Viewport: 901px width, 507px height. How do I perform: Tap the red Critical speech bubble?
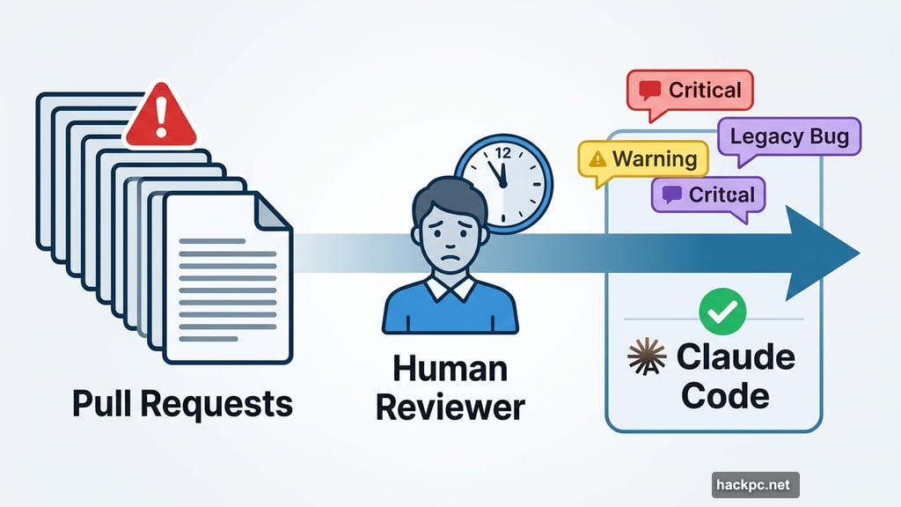point(689,91)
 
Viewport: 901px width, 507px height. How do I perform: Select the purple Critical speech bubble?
point(708,195)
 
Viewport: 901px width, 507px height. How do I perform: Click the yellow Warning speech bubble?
point(643,159)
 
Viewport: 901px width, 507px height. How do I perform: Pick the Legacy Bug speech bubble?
point(789,136)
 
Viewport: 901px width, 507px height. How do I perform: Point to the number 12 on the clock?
point(503,151)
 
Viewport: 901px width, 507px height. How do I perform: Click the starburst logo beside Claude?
point(646,357)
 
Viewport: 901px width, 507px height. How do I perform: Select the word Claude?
point(736,357)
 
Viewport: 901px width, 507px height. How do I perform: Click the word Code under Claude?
point(725,395)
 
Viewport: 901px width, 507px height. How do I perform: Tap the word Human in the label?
point(450,368)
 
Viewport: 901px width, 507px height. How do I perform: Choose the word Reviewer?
point(450,407)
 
